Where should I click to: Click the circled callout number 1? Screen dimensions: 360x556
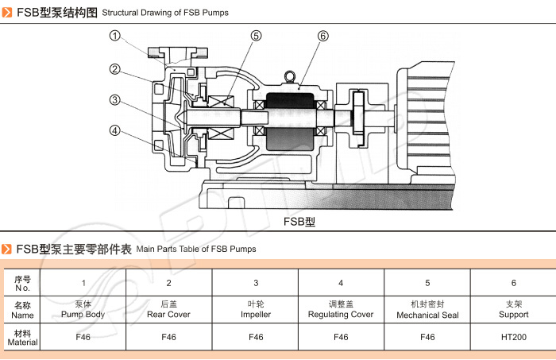(x=115, y=36)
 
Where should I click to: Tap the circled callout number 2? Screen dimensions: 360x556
(x=115, y=69)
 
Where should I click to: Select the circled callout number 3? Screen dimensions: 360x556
(x=115, y=100)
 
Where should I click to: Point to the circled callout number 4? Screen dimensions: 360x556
(x=115, y=131)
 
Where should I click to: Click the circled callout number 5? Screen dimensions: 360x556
(x=256, y=36)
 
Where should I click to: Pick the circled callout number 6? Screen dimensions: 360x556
(x=322, y=36)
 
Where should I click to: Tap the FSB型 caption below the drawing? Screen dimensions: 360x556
(x=299, y=222)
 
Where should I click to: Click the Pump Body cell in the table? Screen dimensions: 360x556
(x=83, y=309)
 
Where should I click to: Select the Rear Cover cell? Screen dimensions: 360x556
(x=168, y=309)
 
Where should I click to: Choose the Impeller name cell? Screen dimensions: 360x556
(x=256, y=309)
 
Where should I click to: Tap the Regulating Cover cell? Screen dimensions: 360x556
(x=341, y=309)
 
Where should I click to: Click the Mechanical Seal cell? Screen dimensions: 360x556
(x=427, y=309)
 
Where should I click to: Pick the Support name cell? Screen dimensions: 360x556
(x=513, y=309)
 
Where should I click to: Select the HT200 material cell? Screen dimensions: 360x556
(x=513, y=337)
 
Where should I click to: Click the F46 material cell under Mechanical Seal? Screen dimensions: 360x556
(x=427, y=337)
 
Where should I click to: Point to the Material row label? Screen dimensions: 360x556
(x=22, y=337)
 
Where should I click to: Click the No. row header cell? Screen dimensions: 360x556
(x=22, y=283)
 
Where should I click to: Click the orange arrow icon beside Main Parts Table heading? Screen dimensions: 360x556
(x=7, y=249)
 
